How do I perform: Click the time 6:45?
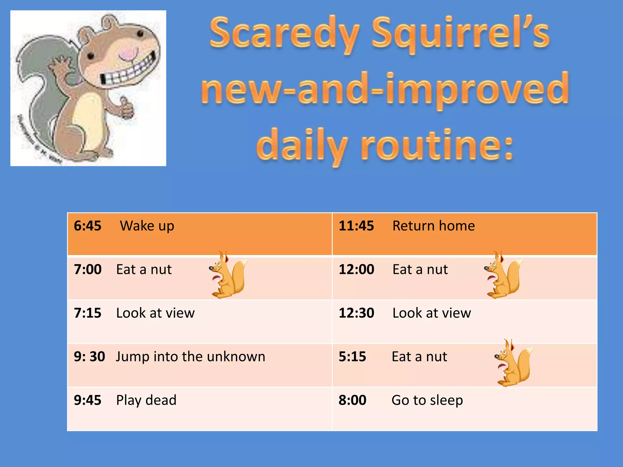(88, 226)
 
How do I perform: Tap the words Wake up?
(147, 226)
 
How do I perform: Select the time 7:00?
(88, 270)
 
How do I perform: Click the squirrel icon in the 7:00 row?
(229, 275)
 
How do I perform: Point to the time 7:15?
(88, 313)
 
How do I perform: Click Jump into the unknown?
(190, 357)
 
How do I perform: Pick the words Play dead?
(146, 400)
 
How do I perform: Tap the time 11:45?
(356, 226)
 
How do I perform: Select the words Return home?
(433, 226)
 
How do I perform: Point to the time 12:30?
(356, 313)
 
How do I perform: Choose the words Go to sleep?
(427, 400)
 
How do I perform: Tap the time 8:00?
(353, 400)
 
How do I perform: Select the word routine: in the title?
(437, 145)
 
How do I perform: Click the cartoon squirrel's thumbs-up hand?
(126, 108)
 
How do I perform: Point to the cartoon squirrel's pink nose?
(127, 54)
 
